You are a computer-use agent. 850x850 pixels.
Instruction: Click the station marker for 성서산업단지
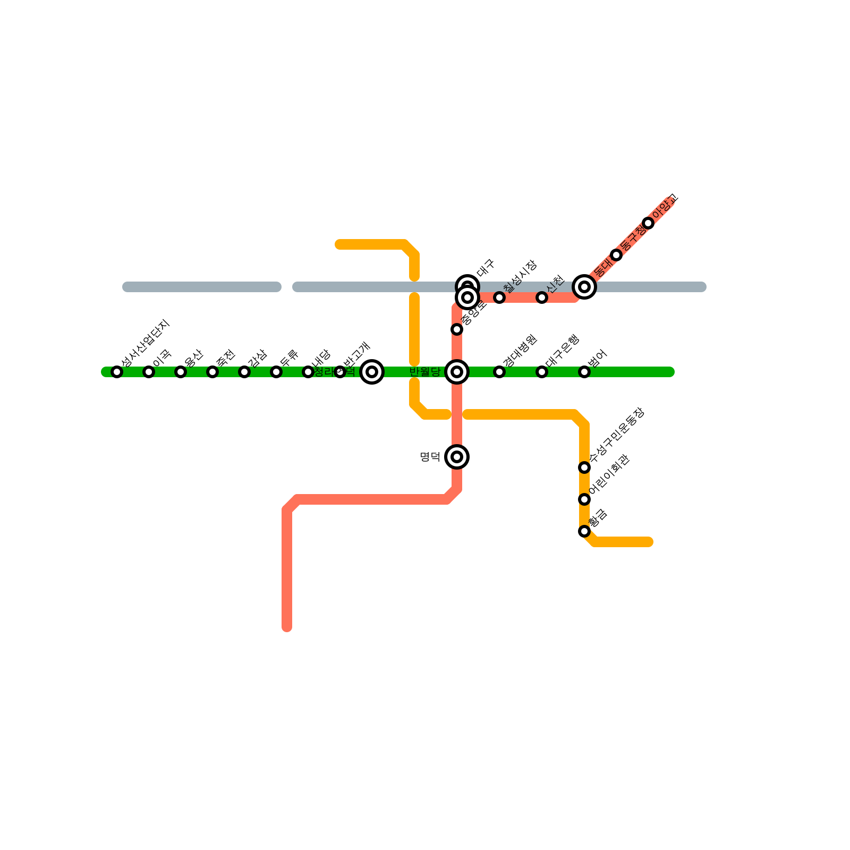coord(117,372)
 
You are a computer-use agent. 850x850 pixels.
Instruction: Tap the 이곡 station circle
coord(149,372)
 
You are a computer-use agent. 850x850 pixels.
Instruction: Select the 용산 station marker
coord(181,372)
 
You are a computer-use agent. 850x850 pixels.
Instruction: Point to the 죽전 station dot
coord(212,372)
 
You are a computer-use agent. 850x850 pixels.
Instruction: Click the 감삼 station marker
coord(244,372)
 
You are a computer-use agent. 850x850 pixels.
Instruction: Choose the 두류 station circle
coord(276,372)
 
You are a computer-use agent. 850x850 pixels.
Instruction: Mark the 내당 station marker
coord(308,372)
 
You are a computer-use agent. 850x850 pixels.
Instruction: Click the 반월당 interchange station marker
coord(457,372)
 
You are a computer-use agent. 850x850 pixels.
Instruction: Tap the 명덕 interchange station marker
coord(457,457)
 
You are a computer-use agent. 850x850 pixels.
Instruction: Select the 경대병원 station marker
coord(499,372)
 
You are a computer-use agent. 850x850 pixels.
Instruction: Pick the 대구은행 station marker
coord(542,372)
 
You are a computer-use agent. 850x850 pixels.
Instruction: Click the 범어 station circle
coord(584,372)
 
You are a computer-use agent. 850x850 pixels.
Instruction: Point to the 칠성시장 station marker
coord(499,297)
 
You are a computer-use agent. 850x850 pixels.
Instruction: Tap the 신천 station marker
coord(542,297)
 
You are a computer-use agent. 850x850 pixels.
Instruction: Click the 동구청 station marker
coord(616,255)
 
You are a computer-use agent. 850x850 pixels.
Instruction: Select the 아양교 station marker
coord(648,223)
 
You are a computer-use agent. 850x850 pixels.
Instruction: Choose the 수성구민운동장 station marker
coord(584,467)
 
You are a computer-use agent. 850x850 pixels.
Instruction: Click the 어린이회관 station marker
coord(584,499)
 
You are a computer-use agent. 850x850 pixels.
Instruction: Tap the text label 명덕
coord(430,457)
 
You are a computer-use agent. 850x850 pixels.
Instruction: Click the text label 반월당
coord(425,372)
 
